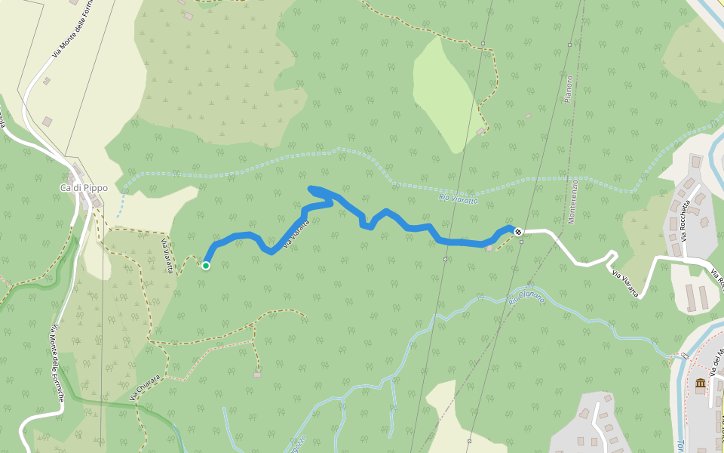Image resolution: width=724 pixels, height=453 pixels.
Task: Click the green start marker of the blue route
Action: pyautogui.click(x=205, y=265)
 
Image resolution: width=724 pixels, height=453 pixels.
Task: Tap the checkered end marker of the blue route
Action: pyautogui.click(x=518, y=231)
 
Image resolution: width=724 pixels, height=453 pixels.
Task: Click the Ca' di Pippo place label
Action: pyautogui.click(x=84, y=188)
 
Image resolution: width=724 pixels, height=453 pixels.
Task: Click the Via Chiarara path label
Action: pyautogui.click(x=144, y=387)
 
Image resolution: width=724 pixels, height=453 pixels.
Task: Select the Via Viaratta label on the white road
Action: pyautogui.click(x=626, y=284)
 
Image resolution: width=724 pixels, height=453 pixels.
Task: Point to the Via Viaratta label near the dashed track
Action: pyautogui.click(x=167, y=254)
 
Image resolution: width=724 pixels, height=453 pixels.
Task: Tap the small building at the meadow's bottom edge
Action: pyautogui.click(x=480, y=132)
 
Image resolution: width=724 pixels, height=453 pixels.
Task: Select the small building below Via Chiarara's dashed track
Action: pyautogui.click(x=257, y=374)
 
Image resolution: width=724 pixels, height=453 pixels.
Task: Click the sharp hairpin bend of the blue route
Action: pyautogui.click(x=311, y=188)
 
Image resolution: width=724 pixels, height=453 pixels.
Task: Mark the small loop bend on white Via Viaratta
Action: pyautogui.click(x=612, y=256)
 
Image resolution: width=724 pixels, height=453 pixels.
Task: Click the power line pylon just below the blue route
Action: pyautogui.click(x=445, y=259)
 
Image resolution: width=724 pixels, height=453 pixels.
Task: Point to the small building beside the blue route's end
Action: pyautogui.click(x=490, y=248)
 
